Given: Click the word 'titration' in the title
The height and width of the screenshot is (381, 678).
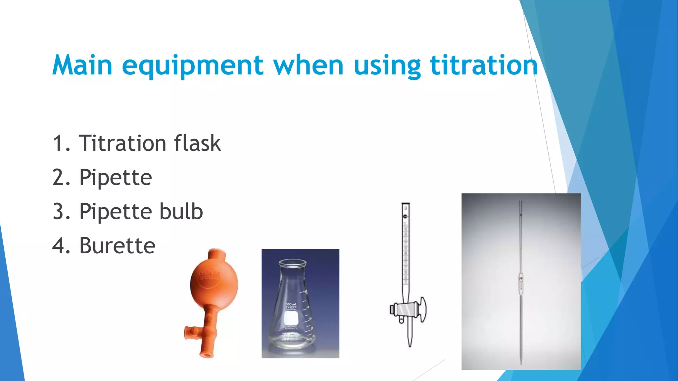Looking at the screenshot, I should pos(484,65).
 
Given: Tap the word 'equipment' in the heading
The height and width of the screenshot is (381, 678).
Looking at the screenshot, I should pos(193,66).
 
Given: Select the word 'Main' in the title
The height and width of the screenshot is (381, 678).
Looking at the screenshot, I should pos(82,65).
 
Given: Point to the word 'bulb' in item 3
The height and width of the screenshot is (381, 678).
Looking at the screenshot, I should pos(181,211).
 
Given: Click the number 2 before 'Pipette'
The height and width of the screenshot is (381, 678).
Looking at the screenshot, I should pos(60,178).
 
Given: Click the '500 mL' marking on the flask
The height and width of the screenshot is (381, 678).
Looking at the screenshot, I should pos(291,304).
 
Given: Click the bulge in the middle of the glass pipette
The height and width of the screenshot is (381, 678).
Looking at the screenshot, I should pos(521,283).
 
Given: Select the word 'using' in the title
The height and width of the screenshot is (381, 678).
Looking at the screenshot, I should pos(387,66).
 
